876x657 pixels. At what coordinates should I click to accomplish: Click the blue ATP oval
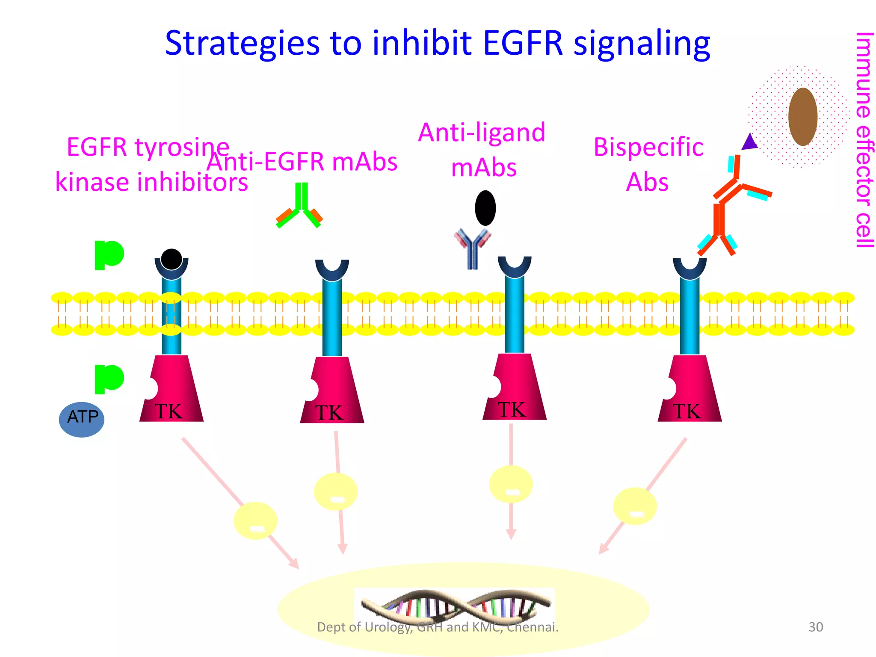click(x=82, y=419)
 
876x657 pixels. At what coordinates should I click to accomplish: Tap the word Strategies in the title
click(x=242, y=44)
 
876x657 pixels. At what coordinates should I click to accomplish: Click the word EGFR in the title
click(x=523, y=44)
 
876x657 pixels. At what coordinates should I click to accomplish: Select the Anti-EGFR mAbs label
click(x=302, y=162)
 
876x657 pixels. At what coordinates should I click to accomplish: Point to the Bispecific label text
click(x=648, y=148)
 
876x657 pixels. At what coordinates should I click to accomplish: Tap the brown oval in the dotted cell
click(x=803, y=117)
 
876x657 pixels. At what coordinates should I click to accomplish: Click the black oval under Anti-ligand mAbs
click(x=485, y=208)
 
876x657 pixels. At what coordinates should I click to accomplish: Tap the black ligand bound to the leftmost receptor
click(x=172, y=259)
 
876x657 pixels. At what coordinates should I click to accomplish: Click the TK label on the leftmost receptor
click(x=169, y=411)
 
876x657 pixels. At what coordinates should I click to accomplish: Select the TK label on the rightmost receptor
click(x=687, y=411)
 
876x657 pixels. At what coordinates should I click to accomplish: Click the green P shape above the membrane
click(x=108, y=255)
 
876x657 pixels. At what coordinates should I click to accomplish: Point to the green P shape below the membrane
click(x=108, y=379)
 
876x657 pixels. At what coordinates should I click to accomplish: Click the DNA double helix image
click(x=455, y=607)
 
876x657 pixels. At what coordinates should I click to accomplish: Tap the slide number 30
click(x=816, y=627)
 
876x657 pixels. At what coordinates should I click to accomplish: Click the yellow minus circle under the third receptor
click(x=511, y=485)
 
